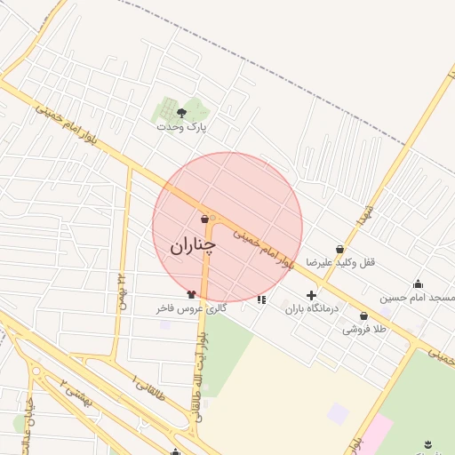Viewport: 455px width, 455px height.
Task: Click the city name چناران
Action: (193, 245)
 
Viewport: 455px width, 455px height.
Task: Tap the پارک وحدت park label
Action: (181, 127)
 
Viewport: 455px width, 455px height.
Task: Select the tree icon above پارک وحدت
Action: (182, 112)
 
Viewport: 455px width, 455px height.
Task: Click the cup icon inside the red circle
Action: (204, 219)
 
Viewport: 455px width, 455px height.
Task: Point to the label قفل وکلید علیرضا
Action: (341, 263)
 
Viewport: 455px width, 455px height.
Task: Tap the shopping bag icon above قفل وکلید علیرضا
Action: (340, 250)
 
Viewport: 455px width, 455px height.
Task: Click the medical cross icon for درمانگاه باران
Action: (311, 295)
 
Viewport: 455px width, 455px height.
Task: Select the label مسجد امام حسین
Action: (418, 297)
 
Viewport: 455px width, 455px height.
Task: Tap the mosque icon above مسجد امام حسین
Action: (418, 283)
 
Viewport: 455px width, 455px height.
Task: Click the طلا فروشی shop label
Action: (365, 329)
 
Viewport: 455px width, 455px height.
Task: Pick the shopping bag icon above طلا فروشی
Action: (363, 316)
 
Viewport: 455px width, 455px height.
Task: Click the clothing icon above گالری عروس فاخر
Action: (191, 294)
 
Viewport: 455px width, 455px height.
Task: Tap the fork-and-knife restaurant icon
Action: (260, 299)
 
